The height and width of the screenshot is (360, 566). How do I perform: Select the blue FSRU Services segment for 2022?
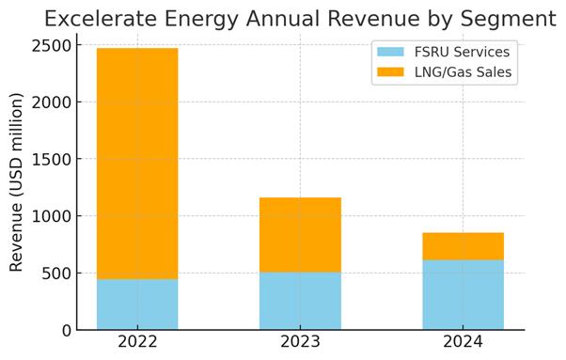pyautogui.click(x=137, y=305)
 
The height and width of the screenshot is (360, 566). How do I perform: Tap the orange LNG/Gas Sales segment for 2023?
pyautogui.click(x=300, y=235)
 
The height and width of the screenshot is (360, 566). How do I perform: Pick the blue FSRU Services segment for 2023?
pyautogui.click(x=300, y=301)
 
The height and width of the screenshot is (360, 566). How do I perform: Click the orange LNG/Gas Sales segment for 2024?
pyautogui.click(x=463, y=246)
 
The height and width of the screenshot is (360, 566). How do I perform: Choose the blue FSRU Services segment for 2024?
pyautogui.click(x=463, y=295)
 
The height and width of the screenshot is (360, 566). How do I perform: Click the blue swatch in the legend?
pyautogui.click(x=390, y=52)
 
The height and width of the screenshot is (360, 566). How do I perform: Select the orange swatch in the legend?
pyautogui.click(x=390, y=71)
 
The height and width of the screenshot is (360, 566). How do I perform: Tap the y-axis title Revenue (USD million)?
pyautogui.click(x=16, y=182)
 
